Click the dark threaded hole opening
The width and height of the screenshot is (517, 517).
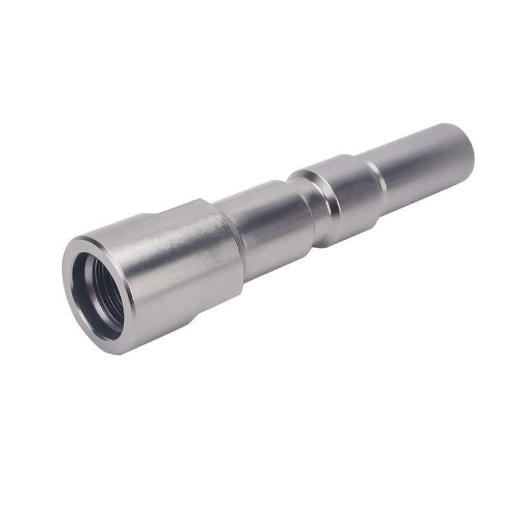point(97,294)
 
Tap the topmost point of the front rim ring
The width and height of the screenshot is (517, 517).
point(84,238)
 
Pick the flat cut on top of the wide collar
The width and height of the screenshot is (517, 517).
point(174,208)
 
